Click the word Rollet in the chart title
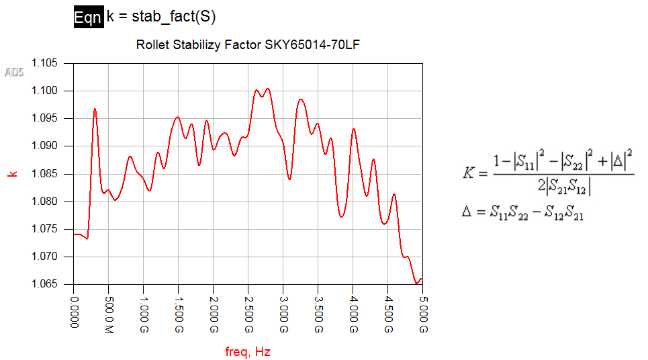point(151,46)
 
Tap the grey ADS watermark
point(15,72)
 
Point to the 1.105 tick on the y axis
point(45,63)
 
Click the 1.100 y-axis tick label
point(45,91)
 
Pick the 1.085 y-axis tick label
point(45,174)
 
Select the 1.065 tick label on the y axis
point(45,284)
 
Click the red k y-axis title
point(11,174)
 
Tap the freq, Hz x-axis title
point(248,351)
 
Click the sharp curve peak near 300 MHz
point(95,109)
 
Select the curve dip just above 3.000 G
point(289,178)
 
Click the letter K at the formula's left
point(469,174)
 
